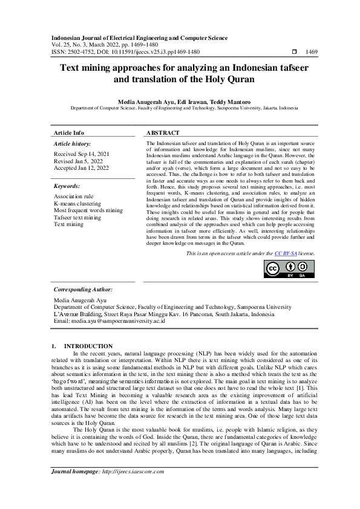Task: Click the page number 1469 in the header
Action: (312, 52)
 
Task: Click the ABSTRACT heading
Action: (163, 132)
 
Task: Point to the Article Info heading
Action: (69, 132)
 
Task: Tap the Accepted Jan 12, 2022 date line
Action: (81, 167)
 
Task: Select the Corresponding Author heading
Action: (83, 290)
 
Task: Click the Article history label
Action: (72, 144)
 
